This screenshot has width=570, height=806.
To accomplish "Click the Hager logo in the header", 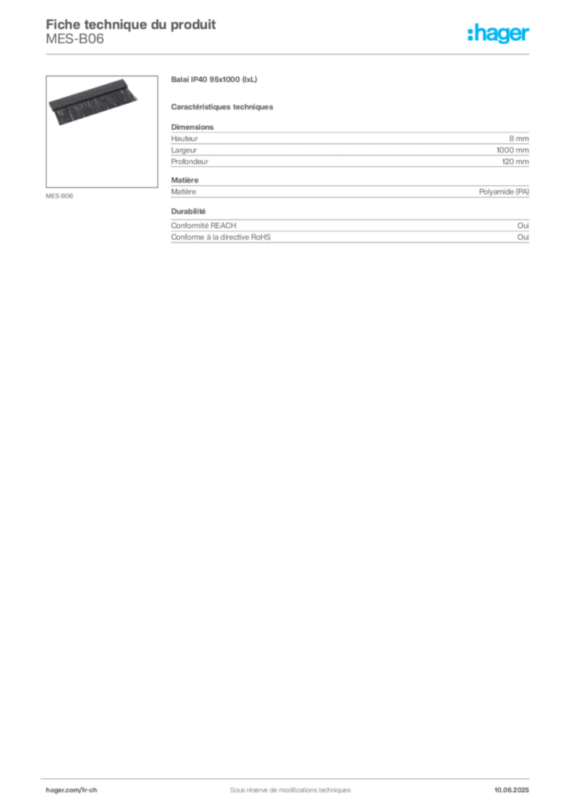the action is [x=498, y=33].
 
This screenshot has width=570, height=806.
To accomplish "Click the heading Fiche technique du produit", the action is [x=131, y=24].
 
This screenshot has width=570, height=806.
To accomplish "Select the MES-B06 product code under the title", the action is [x=75, y=39].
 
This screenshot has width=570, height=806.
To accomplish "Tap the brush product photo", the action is [x=94, y=102].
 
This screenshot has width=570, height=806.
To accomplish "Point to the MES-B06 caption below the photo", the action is [x=59, y=196].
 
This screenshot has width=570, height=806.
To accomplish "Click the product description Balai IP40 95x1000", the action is [x=214, y=79].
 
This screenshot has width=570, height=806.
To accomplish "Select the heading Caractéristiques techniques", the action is [x=222, y=107].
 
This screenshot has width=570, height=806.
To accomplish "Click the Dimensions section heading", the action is [x=192, y=127].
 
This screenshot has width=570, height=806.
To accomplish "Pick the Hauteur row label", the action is [x=184, y=139].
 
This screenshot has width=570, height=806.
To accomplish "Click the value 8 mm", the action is [x=519, y=139].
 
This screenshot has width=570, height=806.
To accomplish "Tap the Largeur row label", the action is [x=184, y=150].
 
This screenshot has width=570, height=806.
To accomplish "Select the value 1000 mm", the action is [x=513, y=150].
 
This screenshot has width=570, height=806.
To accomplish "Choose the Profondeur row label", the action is [x=190, y=161].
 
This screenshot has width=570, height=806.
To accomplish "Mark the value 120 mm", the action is [x=516, y=161].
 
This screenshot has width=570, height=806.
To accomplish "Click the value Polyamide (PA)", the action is [x=504, y=192].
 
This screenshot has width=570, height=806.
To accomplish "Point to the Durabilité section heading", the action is [x=188, y=211].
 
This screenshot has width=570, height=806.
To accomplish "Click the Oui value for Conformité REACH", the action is [x=524, y=226].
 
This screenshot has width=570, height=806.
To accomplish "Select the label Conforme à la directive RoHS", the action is [x=220, y=237].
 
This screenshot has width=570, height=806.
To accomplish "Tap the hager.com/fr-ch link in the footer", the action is [x=72, y=790].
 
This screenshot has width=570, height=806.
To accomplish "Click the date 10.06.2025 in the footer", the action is [x=512, y=790].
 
